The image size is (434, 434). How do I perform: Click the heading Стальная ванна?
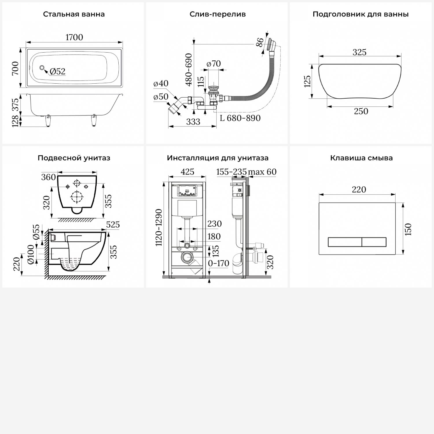[74, 14]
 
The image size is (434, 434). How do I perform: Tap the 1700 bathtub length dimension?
[74, 37]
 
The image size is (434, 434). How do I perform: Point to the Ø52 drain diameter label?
[58, 71]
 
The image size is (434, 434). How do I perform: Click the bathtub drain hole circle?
[42, 68]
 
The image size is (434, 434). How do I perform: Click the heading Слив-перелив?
[218, 14]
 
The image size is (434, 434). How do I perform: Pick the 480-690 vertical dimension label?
[189, 70]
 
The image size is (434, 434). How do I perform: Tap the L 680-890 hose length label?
[240, 118]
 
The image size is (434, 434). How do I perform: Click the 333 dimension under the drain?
[193, 122]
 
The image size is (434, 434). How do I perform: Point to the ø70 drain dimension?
[214, 64]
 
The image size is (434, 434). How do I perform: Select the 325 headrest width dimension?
[359, 52]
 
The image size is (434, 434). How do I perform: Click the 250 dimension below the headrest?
[361, 111]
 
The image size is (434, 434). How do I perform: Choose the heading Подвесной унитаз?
[74, 158]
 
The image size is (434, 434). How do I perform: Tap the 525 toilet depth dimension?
[113, 225]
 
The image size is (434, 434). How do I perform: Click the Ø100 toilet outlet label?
[31, 254]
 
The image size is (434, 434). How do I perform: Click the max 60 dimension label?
[262, 172]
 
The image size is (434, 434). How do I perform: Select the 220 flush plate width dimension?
[359, 190]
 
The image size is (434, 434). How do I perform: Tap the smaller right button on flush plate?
[374, 242]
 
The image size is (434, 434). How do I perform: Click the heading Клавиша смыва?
[361, 158]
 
